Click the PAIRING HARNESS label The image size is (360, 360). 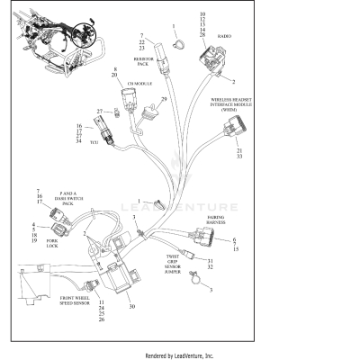[216, 220]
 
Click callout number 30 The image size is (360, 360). [131, 307]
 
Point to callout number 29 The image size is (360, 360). [164, 99]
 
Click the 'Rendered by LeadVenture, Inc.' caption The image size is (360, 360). [180, 356]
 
